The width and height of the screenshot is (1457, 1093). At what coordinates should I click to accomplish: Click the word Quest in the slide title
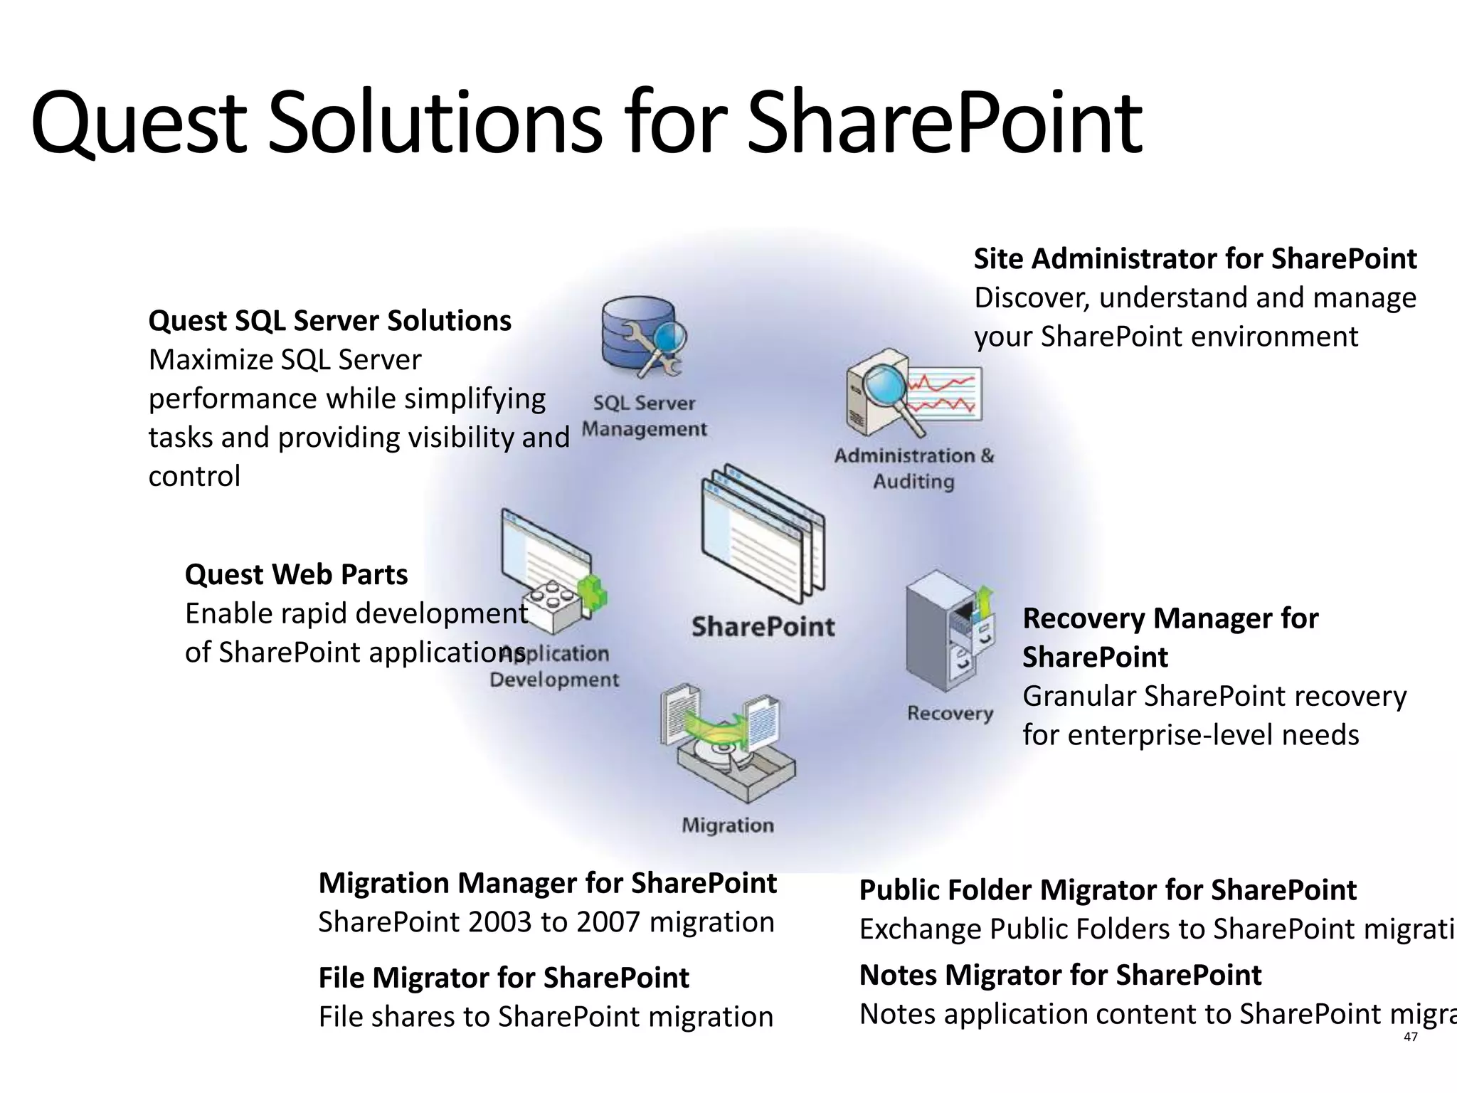(x=138, y=122)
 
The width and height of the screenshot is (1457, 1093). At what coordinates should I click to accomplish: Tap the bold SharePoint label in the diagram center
(x=763, y=627)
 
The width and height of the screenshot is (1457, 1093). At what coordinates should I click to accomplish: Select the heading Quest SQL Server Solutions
(x=329, y=321)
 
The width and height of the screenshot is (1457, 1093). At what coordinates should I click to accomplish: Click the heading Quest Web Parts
(x=296, y=574)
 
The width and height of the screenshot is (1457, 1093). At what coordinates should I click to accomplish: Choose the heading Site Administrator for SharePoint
(x=1194, y=258)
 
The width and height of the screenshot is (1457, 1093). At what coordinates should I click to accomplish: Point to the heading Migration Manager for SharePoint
(x=547, y=883)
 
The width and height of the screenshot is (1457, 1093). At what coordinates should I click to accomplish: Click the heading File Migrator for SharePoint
(x=503, y=978)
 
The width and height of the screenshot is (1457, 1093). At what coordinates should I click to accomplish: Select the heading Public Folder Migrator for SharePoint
(x=1107, y=890)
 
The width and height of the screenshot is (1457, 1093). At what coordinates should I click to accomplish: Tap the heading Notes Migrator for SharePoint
(x=1060, y=975)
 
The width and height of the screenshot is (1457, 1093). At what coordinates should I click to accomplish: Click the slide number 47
(x=1410, y=1037)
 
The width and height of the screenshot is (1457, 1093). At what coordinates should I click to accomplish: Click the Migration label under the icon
(x=727, y=825)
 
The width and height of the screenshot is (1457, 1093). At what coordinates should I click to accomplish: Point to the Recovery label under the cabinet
(x=950, y=713)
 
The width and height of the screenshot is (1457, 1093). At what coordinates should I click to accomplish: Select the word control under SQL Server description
(x=194, y=476)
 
